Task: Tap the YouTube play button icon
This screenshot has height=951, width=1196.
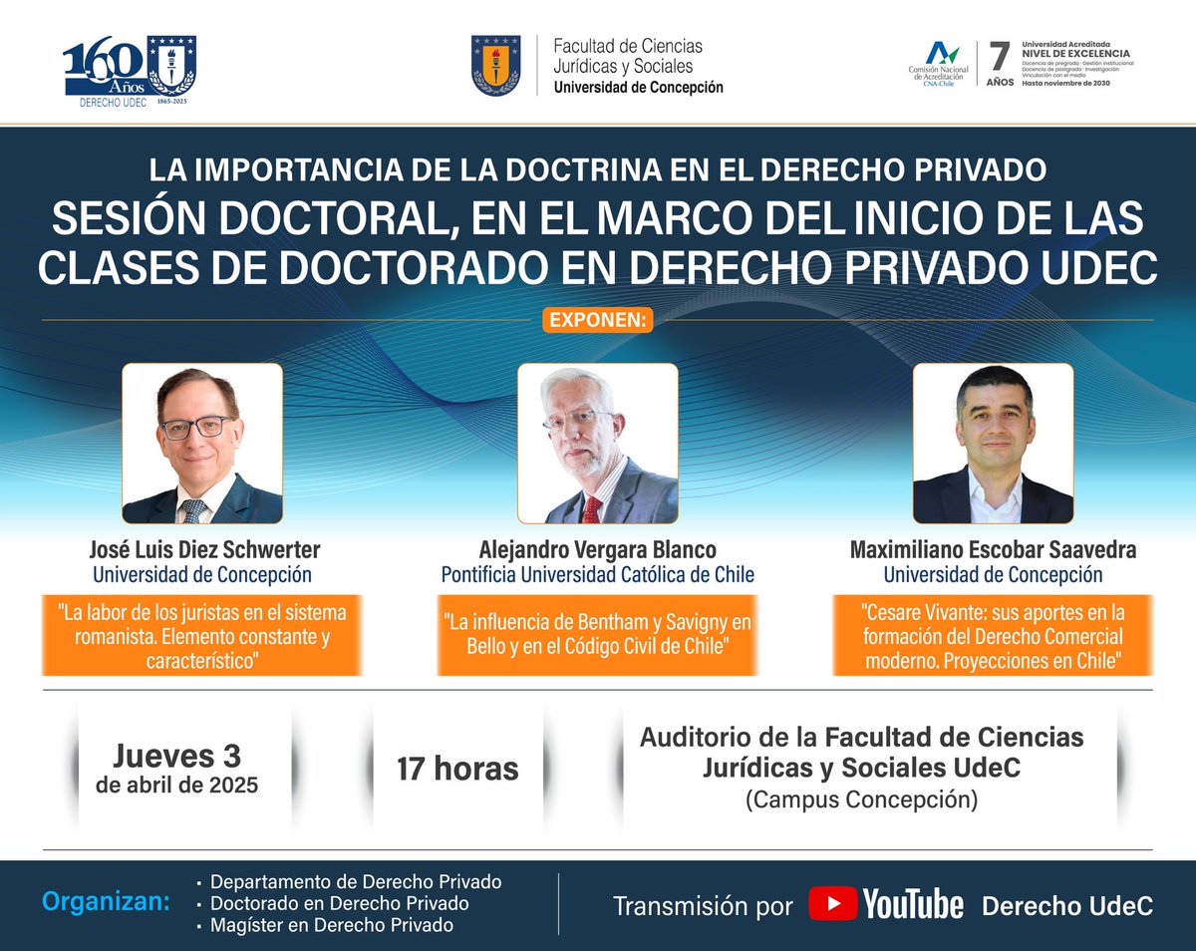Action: click(x=832, y=904)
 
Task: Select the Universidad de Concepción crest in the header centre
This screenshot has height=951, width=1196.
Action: click(x=495, y=66)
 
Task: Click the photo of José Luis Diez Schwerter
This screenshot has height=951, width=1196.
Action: click(x=202, y=444)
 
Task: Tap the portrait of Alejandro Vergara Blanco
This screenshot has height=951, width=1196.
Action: click(x=598, y=444)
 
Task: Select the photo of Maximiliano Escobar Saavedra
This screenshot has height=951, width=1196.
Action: click(x=993, y=444)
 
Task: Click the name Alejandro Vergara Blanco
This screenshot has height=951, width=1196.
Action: click(x=598, y=550)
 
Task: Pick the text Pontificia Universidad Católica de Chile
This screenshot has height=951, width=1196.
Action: click(x=598, y=574)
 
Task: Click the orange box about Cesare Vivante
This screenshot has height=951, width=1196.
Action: click(x=993, y=635)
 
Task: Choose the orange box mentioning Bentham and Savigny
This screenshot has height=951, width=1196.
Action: click(x=598, y=635)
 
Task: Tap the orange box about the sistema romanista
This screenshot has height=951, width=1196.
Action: click(x=202, y=635)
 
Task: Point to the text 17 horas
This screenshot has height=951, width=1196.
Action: click(x=457, y=769)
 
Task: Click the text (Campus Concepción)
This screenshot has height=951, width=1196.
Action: click(x=861, y=799)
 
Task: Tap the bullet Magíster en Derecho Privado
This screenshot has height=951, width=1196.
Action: click(x=332, y=925)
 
